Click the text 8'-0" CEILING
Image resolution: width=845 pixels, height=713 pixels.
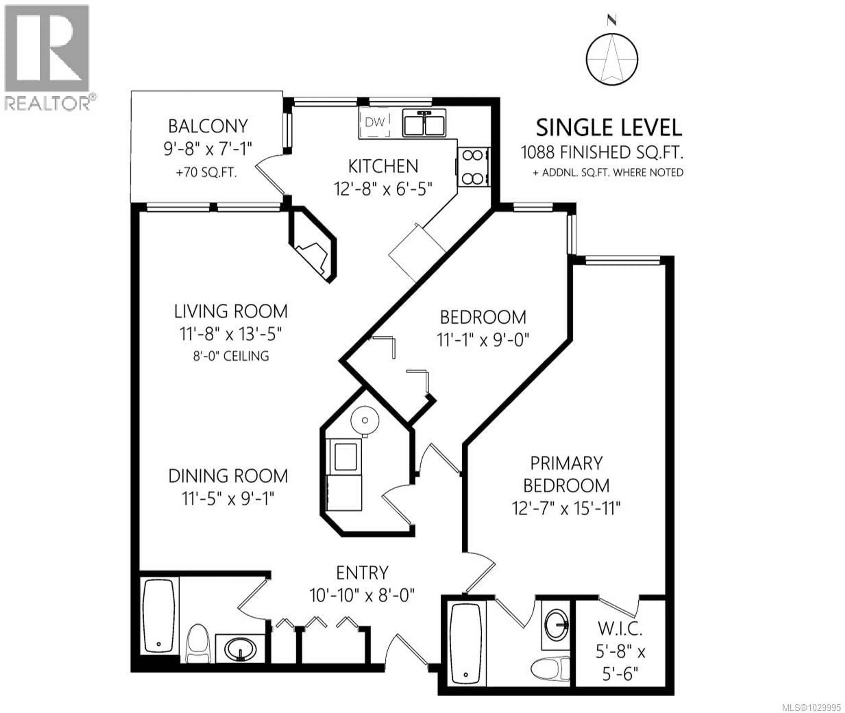pyautogui.click(x=231, y=356)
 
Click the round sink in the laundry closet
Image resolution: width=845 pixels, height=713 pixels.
pyautogui.click(x=364, y=421)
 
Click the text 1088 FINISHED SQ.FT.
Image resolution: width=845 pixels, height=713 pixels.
pyautogui.click(x=602, y=152)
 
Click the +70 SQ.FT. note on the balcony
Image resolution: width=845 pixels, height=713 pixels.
pyautogui.click(x=206, y=173)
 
